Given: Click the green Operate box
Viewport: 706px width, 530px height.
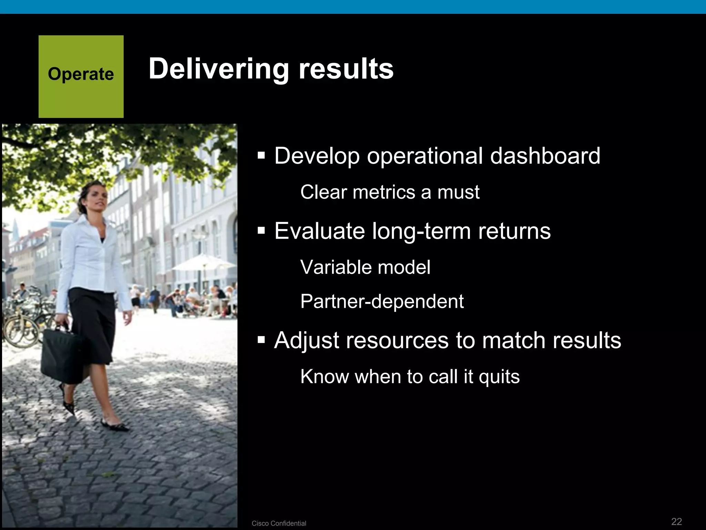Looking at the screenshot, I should (81, 77).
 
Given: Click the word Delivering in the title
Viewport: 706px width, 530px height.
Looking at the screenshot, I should (219, 69).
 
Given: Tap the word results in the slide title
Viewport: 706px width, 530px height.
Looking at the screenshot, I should (346, 69).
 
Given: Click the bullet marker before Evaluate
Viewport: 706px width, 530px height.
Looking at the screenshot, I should (261, 231).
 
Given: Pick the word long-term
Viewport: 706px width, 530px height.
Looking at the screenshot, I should (421, 231).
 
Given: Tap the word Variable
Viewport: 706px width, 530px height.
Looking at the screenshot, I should (331, 267).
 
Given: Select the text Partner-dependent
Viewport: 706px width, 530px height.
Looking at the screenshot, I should (382, 301).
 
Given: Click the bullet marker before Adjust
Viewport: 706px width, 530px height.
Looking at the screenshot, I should (261, 340).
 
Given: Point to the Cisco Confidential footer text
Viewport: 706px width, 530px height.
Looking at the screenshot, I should (279, 523).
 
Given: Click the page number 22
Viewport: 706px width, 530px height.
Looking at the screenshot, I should (676, 521).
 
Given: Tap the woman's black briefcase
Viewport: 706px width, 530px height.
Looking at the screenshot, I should (62, 355).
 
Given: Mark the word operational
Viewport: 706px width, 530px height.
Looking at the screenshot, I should (425, 156).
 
